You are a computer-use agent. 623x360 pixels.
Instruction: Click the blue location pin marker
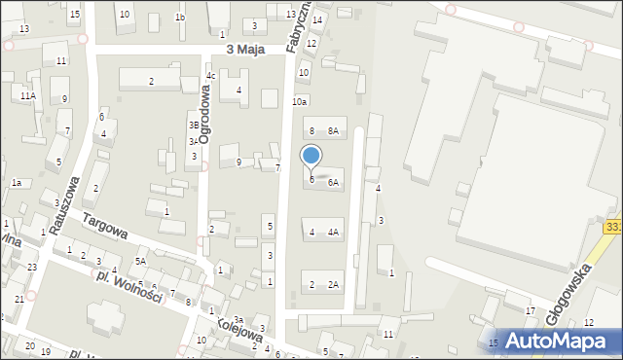[x=311, y=157]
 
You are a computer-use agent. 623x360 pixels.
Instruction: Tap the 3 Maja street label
[x=247, y=49]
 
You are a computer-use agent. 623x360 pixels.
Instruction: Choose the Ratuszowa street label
[x=65, y=198]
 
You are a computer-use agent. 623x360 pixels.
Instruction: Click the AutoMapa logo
[x=555, y=341]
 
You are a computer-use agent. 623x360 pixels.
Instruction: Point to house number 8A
[x=332, y=130]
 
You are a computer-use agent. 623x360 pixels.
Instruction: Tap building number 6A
[x=333, y=182]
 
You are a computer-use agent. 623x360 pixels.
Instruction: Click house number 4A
[x=333, y=233]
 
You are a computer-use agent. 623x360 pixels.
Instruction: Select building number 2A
[x=333, y=284]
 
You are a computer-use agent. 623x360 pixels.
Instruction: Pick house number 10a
[x=300, y=101]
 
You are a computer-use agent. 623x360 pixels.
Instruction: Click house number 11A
[x=28, y=95]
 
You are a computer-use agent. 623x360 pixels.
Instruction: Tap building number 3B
[x=194, y=125]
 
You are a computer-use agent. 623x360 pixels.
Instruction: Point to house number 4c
[x=210, y=76]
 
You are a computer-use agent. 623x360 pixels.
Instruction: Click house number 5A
[x=141, y=262]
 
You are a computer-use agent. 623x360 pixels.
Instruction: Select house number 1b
[x=179, y=18]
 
